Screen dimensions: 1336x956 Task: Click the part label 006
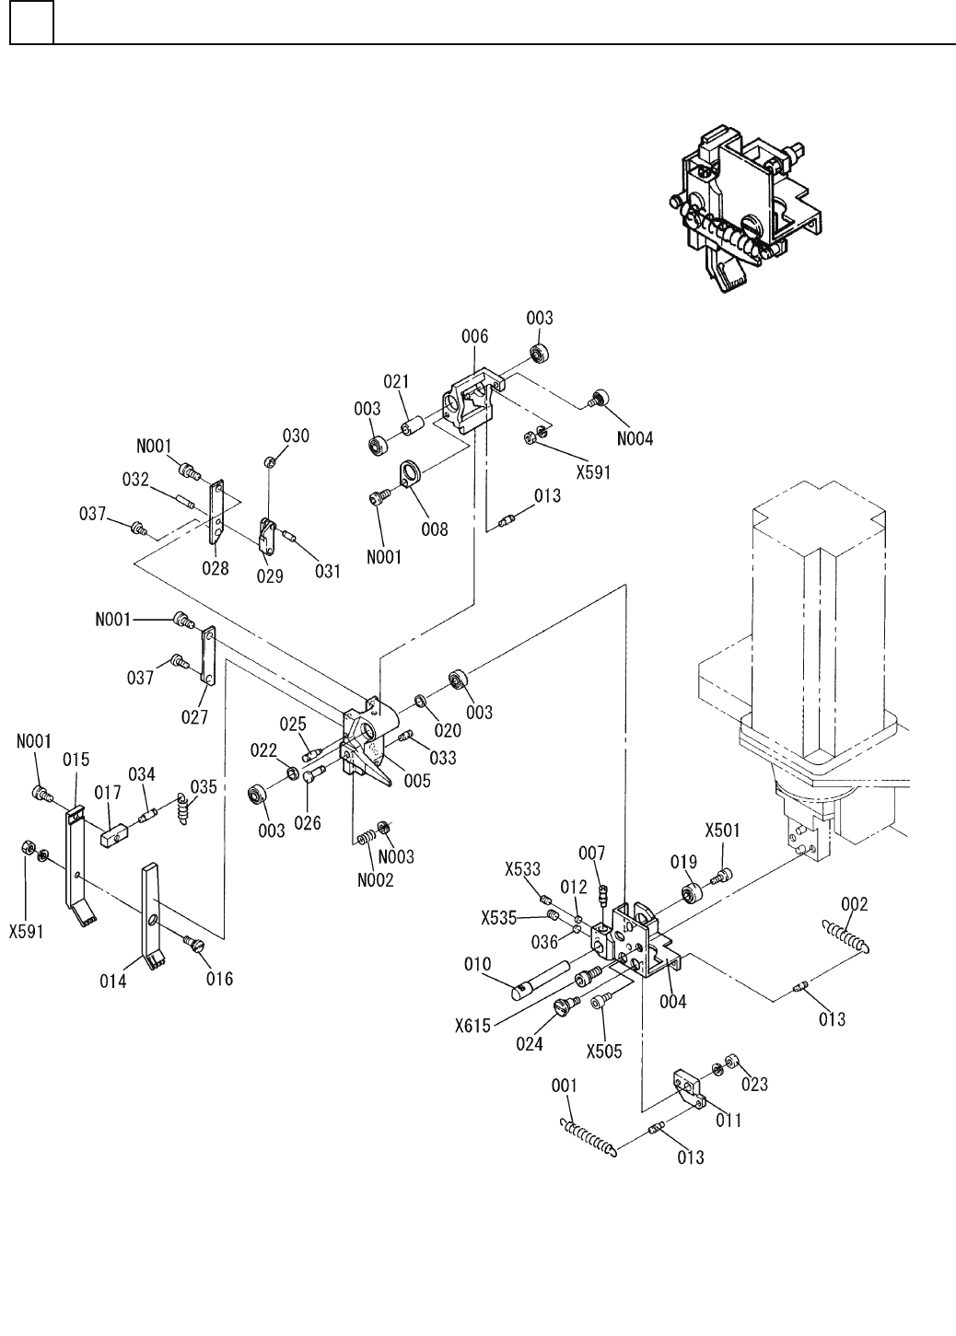(x=475, y=337)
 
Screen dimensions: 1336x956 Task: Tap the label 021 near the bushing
(x=396, y=382)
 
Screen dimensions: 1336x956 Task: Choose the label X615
(x=472, y=1025)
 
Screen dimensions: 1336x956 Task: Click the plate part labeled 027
(x=207, y=656)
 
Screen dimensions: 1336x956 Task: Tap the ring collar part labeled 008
(x=409, y=475)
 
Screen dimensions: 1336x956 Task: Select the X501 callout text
(x=723, y=830)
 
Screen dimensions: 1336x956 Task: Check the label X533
(x=522, y=868)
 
